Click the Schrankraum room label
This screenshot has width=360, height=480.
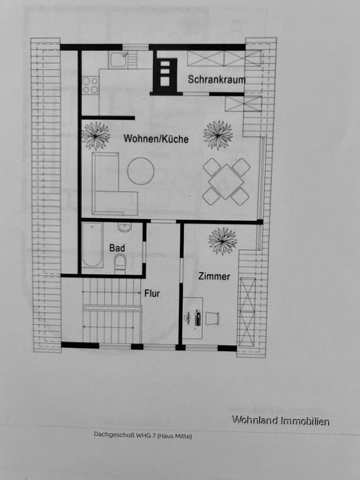[217, 79]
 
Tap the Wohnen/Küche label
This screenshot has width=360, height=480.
[156, 139]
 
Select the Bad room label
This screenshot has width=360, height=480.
[117, 248]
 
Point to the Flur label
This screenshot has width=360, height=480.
[152, 294]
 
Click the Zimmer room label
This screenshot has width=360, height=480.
[214, 276]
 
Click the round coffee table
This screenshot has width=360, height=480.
[140, 171]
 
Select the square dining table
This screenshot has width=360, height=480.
[226, 182]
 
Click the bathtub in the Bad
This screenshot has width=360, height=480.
[93, 245]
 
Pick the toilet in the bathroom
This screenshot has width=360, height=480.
[120, 265]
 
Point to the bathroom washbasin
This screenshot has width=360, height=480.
[125, 227]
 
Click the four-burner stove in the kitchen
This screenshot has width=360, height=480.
[90, 85]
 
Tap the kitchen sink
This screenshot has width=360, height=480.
[118, 60]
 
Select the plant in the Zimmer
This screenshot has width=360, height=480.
[222, 241]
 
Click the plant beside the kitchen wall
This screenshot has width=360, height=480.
[96, 136]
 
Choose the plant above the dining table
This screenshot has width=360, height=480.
[218, 135]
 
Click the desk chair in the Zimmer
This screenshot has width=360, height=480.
[212, 318]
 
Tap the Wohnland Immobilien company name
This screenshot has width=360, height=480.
[281, 421]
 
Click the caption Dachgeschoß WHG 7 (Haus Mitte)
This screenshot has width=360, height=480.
[143, 435]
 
